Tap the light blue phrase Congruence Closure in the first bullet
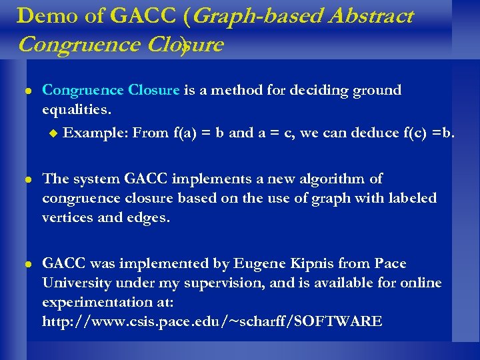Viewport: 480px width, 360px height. pos(111,90)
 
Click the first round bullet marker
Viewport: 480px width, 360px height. pos(26,91)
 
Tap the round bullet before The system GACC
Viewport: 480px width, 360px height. pos(26,179)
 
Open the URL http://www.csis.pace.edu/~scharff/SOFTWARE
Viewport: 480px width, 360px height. pos(212,321)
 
